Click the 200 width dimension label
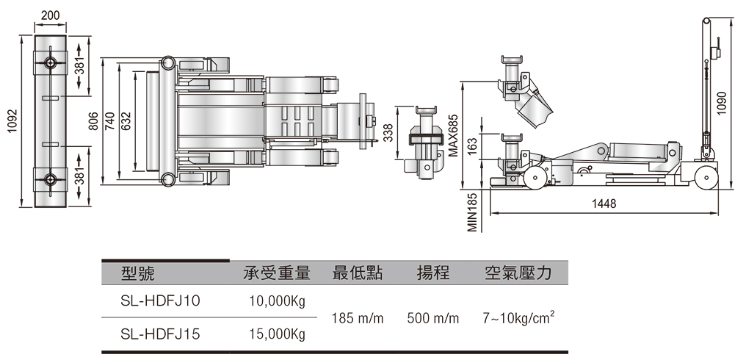51,15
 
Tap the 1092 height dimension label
12,121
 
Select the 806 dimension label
94,121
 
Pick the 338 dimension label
388,133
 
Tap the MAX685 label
453,136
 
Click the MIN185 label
472,212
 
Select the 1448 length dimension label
604,204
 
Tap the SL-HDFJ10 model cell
161,301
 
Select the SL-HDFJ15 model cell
161,334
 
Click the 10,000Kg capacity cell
277,301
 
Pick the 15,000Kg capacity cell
277,334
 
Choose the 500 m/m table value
433,318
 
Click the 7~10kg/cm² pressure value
518,317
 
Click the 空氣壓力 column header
518,273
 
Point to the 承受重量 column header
277,273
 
